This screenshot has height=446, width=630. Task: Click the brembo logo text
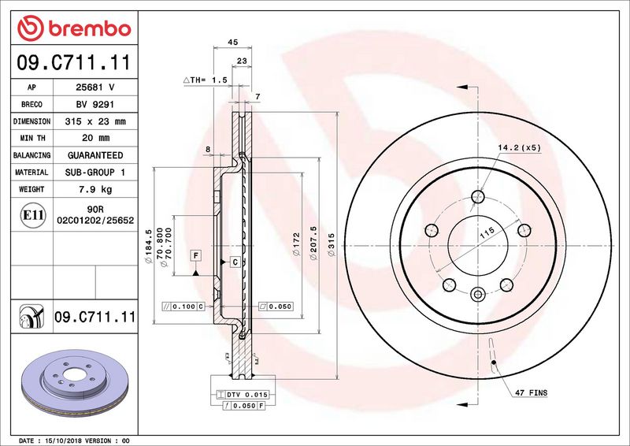click(90, 29)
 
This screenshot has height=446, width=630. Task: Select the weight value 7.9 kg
click(95, 189)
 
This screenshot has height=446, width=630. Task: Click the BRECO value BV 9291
click(95, 105)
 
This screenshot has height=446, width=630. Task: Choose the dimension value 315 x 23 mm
click(95, 121)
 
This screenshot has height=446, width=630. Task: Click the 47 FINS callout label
click(531, 392)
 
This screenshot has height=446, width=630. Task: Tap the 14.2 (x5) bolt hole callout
click(520, 147)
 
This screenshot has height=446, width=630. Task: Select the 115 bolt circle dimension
click(487, 233)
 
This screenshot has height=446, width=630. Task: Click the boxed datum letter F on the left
click(195, 255)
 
